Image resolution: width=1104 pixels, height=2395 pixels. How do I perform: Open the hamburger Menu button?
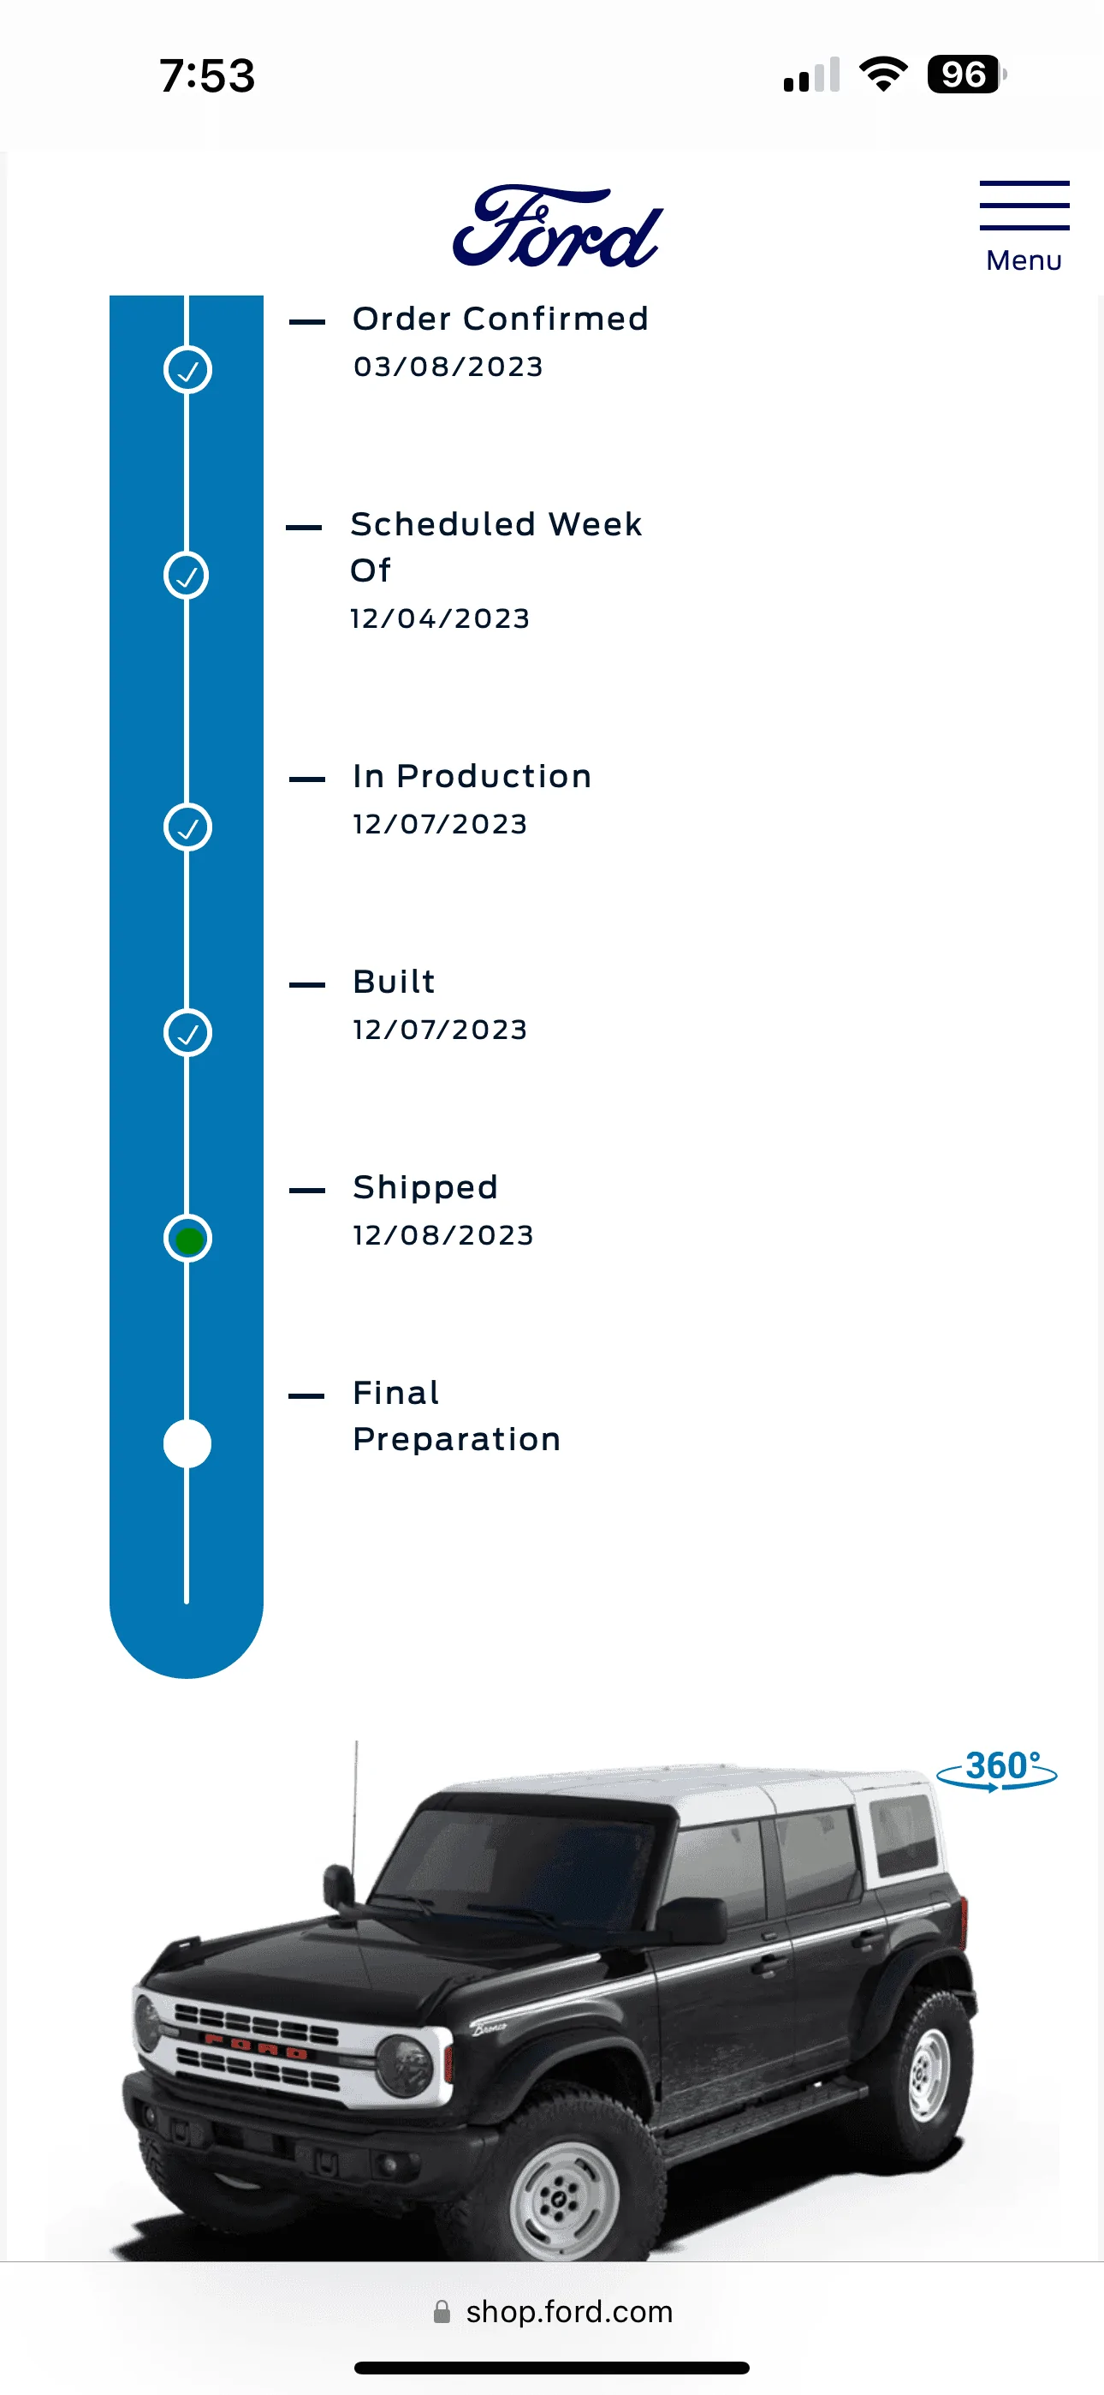(x=1024, y=227)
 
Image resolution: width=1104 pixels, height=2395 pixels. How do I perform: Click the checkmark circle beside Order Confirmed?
(x=187, y=370)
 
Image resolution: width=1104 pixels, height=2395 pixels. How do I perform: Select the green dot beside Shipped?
(x=187, y=1239)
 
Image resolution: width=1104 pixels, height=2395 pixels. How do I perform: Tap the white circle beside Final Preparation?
(x=187, y=1444)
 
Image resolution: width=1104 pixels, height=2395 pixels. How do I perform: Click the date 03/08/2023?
(x=448, y=367)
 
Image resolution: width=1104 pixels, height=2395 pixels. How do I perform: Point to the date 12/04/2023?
(x=440, y=618)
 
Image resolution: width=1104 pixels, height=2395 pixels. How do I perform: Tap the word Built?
(x=394, y=982)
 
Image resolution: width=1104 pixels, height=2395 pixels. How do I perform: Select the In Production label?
(x=472, y=776)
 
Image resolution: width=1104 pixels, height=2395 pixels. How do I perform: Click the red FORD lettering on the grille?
(x=256, y=2046)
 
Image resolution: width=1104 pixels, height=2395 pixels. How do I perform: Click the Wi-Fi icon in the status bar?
(x=883, y=74)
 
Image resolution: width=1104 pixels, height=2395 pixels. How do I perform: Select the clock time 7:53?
(x=207, y=75)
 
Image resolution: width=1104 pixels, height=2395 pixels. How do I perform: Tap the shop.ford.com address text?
(x=569, y=2311)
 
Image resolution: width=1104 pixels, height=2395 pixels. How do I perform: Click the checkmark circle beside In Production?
(x=187, y=827)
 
